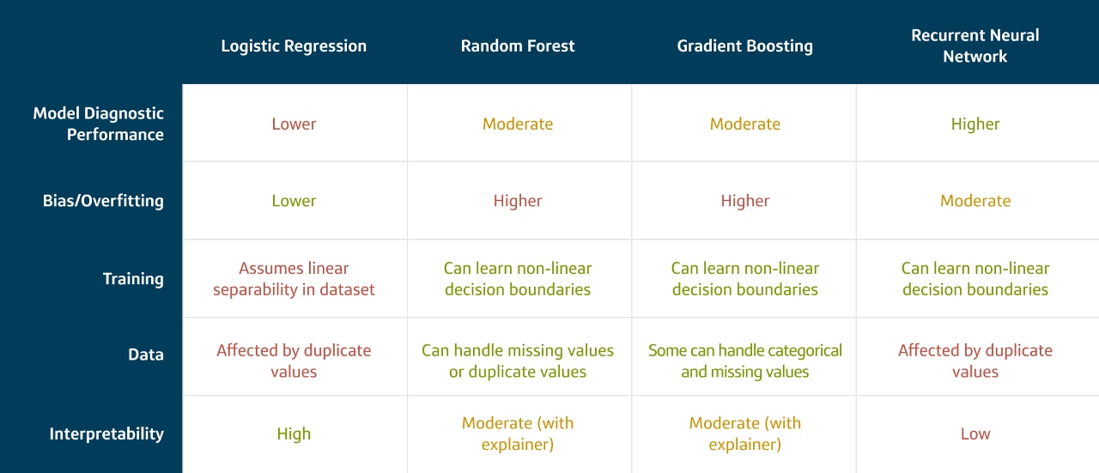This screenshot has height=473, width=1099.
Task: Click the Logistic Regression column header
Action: coord(294,46)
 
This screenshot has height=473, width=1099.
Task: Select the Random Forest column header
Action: coord(518,46)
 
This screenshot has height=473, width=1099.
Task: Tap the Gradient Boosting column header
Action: coord(744,46)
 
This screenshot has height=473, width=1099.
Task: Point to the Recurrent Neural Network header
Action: coord(975,45)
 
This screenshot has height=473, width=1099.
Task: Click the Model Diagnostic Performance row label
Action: coord(98,124)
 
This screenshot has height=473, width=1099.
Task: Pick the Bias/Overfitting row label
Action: coord(103,201)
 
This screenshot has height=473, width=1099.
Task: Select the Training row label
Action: coord(133,279)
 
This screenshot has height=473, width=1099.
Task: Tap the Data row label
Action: coord(146,355)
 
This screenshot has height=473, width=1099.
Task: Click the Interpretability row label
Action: coord(106,434)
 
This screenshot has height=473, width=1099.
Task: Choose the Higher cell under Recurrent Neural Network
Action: coord(975,124)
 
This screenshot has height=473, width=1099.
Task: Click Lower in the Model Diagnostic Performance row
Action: coord(294,124)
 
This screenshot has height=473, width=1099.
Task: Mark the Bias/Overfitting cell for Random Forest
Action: coord(518,201)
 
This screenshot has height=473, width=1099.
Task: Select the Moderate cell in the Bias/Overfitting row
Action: coord(975,201)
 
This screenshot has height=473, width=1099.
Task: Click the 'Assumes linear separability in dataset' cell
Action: coord(294,279)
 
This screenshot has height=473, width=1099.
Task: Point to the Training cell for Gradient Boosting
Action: coord(744,279)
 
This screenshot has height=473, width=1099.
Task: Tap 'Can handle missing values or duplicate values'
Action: coord(518,361)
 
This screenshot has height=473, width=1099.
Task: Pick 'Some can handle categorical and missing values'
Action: coord(744,361)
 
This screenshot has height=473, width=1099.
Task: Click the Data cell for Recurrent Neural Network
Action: coord(975,361)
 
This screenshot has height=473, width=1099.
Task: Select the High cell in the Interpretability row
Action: coord(294,434)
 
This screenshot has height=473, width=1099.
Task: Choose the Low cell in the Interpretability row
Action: coord(975,434)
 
